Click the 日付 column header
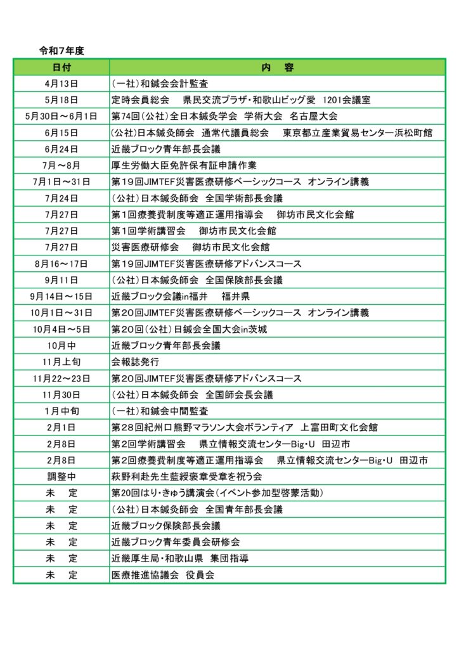pyautogui.click(x=61, y=67)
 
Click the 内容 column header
pyautogui.click(x=277, y=67)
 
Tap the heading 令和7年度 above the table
pyautogui.click(x=62, y=51)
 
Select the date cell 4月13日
pyautogui.click(x=61, y=84)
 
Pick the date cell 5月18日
pyautogui.click(x=61, y=100)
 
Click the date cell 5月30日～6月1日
pyautogui.click(x=61, y=117)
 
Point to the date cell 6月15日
pyautogui.click(x=61, y=133)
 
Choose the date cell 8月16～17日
pyautogui.click(x=61, y=264)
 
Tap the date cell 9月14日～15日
pyautogui.click(x=61, y=297)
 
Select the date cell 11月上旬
pyautogui.click(x=61, y=362)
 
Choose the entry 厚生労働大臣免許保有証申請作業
pyautogui.click(x=184, y=165)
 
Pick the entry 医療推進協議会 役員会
pyautogui.click(x=163, y=575)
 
